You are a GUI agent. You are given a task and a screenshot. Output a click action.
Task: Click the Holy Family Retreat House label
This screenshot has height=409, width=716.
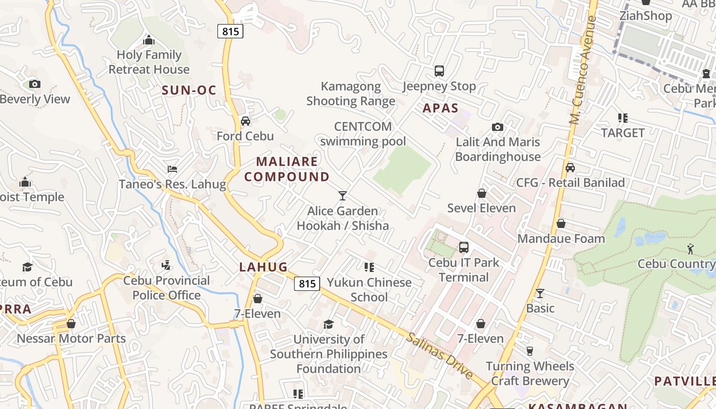[149, 62]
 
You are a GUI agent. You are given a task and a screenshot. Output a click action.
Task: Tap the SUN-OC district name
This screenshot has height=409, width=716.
[189, 90]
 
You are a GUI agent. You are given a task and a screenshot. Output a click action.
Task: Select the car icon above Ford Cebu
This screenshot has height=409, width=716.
[245, 121]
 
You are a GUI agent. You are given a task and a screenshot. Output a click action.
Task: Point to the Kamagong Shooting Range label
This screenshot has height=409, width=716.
[351, 94]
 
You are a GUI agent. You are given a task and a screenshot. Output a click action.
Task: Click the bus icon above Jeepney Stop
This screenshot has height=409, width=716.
[439, 71]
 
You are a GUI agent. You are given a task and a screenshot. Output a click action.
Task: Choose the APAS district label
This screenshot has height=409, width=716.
[440, 108]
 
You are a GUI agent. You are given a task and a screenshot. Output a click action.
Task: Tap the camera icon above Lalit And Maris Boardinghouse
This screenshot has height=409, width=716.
[497, 127]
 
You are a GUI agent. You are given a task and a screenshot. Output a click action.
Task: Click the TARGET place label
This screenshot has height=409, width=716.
[623, 133]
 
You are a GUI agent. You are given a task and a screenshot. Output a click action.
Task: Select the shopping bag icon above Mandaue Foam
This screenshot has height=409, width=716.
[561, 223]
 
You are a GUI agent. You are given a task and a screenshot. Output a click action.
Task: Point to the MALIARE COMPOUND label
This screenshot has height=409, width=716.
[287, 169]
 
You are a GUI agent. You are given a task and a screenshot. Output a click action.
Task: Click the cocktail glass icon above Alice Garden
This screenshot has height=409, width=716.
[343, 195]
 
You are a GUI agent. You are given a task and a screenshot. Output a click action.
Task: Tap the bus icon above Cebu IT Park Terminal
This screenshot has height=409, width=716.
[464, 247]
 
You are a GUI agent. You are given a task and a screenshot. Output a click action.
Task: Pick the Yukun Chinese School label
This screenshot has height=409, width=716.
[369, 289]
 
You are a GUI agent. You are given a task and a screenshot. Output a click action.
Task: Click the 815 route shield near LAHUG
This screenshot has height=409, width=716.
[307, 283]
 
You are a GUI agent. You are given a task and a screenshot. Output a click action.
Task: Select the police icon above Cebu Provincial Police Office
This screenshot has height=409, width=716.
[166, 265]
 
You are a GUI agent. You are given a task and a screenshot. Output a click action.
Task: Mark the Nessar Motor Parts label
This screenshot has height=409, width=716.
[71, 338]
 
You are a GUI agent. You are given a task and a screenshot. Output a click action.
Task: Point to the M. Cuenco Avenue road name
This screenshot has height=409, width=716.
[583, 71]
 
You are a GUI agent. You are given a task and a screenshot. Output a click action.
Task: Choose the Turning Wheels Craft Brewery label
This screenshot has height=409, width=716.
[530, 373]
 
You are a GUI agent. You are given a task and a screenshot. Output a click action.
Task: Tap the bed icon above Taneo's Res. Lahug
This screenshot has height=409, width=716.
[172, 169]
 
